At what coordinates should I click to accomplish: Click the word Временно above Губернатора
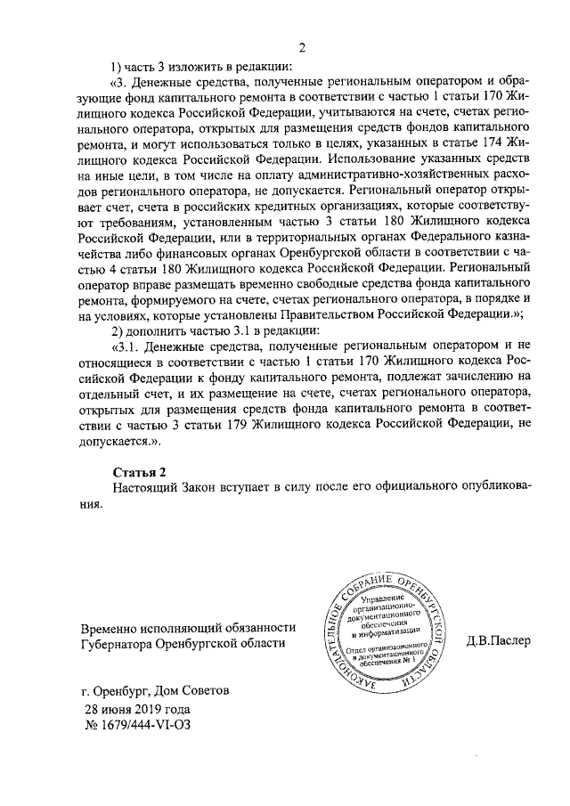114,627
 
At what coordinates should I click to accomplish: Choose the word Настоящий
145,486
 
